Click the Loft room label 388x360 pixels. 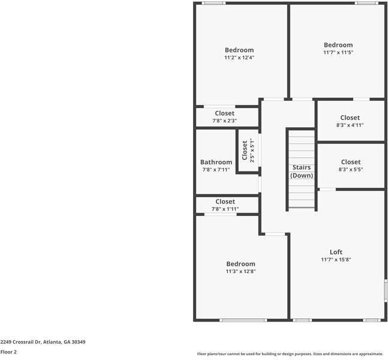tap(336, 252)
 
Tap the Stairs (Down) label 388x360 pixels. tap(302, 171)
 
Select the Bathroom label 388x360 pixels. tap(216, 162)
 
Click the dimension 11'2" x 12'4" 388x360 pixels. tap(239, 58)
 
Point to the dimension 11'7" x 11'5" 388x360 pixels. tap(338, 53)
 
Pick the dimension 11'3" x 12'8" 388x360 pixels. tap(240, 272)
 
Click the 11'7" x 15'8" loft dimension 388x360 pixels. tap(336, 260)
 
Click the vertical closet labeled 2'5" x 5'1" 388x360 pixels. tap(248, 151)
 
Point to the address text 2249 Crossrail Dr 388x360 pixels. tap(43, 342)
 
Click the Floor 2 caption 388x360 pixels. tap(8, 352)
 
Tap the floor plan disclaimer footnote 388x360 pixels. tap(290, 354)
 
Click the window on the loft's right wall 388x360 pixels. tap(385, 290)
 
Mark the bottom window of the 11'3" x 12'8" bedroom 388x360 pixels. tap(234, 320)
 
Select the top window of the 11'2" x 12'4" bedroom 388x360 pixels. tap(213, 4)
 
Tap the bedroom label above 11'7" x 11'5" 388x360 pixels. tap(338, 45)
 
